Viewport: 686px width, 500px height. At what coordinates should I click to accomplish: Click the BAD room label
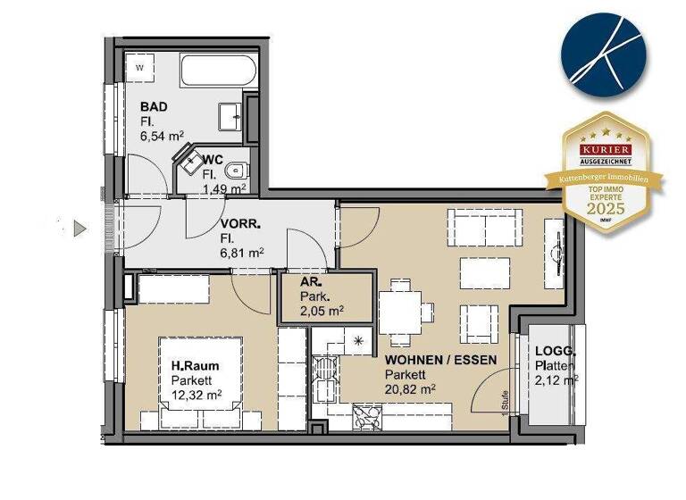tap(154, 106)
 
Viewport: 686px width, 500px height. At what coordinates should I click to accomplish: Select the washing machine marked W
tap(139, 67)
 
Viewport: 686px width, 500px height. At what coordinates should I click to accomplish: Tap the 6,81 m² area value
tap(242, 254)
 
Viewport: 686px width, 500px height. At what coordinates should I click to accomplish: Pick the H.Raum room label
tap(195, 365)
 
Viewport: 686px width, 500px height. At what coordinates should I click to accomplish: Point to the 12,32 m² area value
tap(197, 395)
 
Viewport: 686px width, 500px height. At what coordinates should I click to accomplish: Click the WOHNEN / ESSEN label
tap(439, 359)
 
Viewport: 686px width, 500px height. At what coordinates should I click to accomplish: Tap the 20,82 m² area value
tap(410, 388)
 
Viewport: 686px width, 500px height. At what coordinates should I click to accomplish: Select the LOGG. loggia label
tap(554, 352)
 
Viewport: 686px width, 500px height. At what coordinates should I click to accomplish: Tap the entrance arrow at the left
tap(79, 229)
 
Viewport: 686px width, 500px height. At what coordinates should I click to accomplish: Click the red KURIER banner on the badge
tap(607, 149)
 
